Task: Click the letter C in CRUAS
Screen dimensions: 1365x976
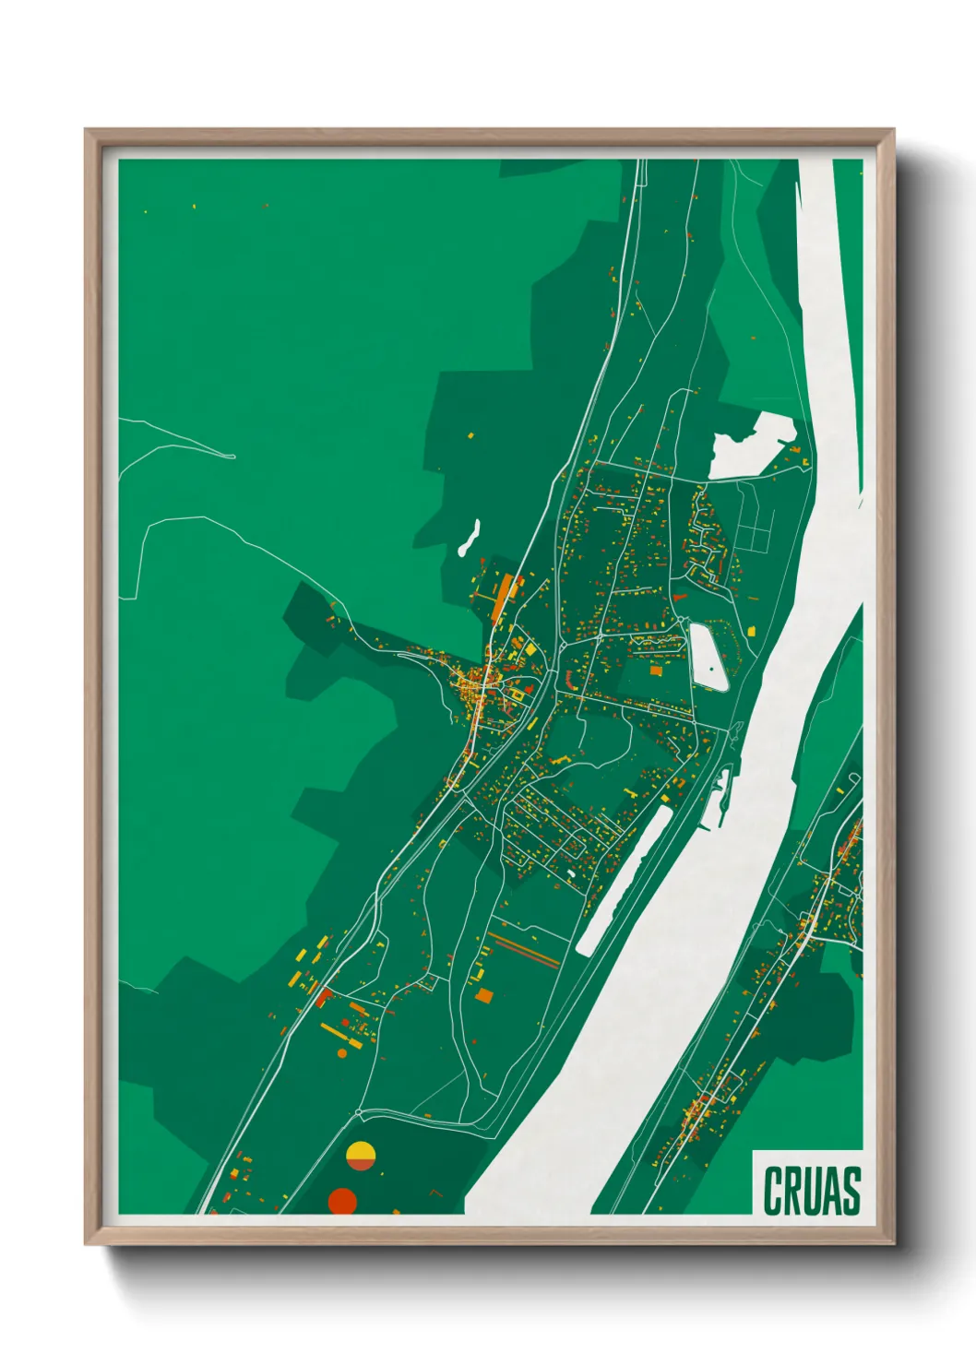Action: [x=773, y=1191]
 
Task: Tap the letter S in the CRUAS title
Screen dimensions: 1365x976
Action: [x=850, y=1191]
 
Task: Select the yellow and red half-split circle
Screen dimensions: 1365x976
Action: [x=361, y=1156]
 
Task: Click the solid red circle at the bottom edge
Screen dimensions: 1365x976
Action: [x=342, y=1201]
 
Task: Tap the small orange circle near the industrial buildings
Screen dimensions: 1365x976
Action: [x=342, y=1052]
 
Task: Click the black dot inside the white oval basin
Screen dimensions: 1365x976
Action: [x=712, y=667]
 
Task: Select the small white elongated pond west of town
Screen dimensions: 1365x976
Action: [x=470, y=538]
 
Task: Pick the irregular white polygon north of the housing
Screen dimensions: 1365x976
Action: [x=752, y=446]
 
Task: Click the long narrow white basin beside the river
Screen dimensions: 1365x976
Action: [x=623, y=878]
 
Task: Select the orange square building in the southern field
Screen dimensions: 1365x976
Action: [x=484, y=995]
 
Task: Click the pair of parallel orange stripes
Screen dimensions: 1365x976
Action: [x=523, y=950]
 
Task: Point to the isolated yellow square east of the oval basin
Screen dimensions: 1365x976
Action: [x=751, y=631]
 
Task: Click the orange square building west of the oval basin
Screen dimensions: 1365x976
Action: [x=656, y=671]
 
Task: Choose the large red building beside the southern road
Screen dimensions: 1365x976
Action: [x=322, y=996]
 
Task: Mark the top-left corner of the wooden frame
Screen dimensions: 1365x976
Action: [x=87, y=131]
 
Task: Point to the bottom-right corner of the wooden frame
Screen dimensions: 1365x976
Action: [x=893, y=1242]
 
